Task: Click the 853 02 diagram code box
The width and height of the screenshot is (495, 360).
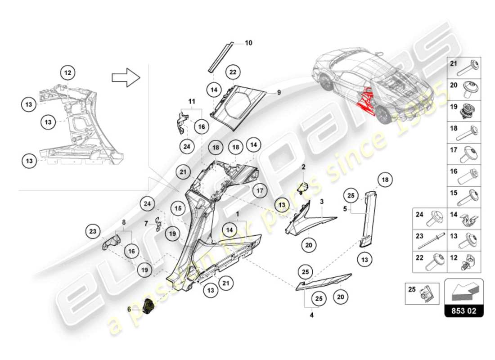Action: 464,310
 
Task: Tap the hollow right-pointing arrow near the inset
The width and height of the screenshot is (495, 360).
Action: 126,77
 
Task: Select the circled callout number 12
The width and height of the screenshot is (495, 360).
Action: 67,72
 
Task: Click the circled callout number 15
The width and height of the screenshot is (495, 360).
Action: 179,209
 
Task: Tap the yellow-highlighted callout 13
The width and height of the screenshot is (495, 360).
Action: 282,205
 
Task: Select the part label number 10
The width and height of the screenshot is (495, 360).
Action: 248,43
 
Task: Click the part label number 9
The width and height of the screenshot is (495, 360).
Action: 279,92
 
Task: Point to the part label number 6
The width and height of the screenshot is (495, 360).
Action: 129,309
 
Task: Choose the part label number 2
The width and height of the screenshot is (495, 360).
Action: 303,167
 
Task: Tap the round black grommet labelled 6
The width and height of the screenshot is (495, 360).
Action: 148,308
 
